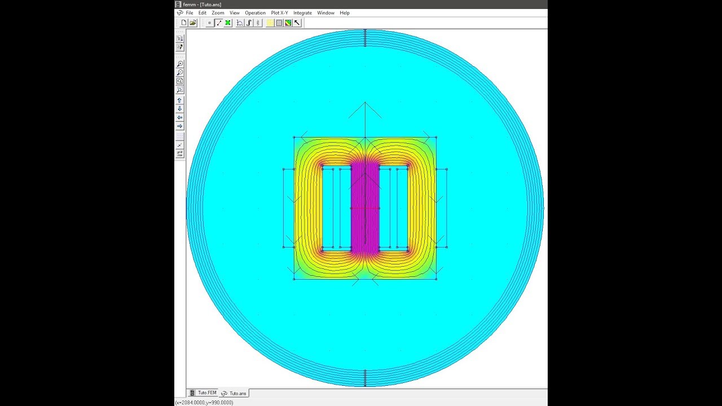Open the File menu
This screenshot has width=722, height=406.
click(x=189, y=13)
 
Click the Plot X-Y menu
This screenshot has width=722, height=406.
click(x=279, y=13)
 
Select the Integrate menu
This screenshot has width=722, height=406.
click(x=302, y=13)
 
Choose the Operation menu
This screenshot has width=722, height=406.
click(x=256, y=13)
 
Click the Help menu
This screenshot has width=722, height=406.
click(x=345, y=13)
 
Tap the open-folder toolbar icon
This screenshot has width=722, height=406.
click(x=193, y=23)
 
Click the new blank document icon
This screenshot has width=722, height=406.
click(x=184, y=23)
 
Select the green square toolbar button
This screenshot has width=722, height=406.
click(x=228, y=23)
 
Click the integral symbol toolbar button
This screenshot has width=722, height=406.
click(x=249, y=23)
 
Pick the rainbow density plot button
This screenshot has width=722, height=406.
click(x=288, y=23)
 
